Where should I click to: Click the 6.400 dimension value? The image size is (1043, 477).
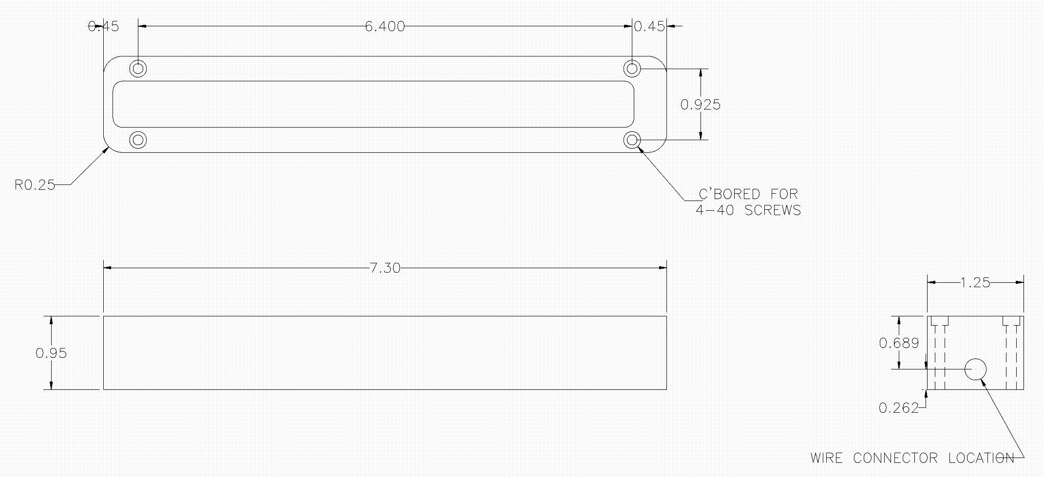click(385, 26)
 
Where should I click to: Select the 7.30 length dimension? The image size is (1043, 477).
click(385, 268)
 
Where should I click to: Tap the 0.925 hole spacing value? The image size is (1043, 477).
click(700, 105)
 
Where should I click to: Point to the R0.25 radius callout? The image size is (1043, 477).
click(35, 185)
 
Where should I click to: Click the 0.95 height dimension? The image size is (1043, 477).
click(51, 353)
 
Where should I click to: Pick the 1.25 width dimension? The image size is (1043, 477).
click(975, 283)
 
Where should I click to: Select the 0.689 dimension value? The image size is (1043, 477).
click(899, 344)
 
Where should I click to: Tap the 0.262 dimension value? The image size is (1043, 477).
click(898, 408)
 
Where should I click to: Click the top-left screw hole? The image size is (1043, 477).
click(138, 69)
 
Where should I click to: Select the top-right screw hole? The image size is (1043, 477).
click(632, 69)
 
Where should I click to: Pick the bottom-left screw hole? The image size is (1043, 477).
click(138, 140)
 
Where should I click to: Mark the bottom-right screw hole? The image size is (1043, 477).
click(632, 141)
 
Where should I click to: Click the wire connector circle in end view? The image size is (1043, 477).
click(975, 369)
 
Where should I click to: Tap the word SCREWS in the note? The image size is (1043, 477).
click(773, 210)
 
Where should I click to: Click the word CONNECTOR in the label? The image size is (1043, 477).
click(895, 458)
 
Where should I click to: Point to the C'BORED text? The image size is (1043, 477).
click(729, 194)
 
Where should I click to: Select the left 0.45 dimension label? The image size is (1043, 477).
click(103, 26)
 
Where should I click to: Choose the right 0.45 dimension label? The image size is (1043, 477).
click(649, 26)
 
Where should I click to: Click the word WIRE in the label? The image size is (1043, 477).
click(826, 458)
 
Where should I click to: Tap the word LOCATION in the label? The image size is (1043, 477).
click(981, 458)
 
